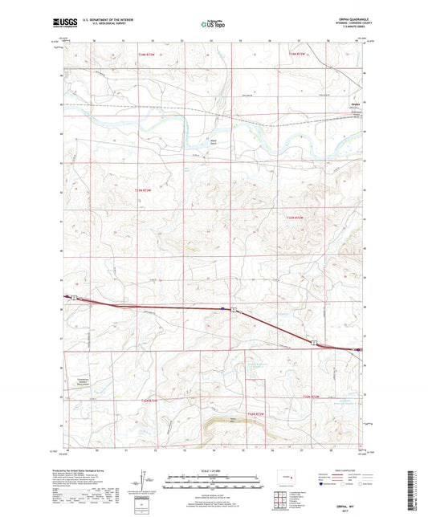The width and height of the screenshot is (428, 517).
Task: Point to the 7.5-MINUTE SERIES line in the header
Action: [353, 29]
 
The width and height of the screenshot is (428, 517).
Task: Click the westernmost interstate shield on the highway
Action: [75, 298]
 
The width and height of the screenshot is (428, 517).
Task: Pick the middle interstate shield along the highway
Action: [233, 309]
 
